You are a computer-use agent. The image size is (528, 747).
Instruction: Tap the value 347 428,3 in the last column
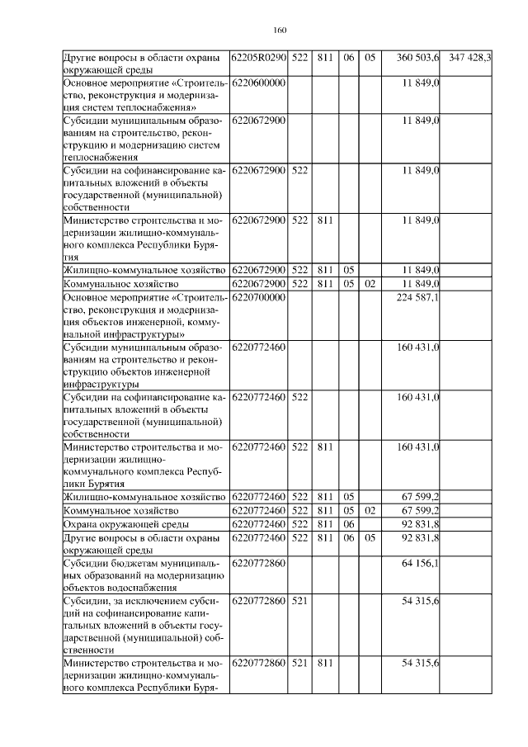pos(469,58)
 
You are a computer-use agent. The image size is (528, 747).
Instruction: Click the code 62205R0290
pos(259,58)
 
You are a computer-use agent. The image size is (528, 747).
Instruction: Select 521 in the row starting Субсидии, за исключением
pos(299,602)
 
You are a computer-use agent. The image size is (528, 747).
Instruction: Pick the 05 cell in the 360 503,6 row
pos(370,58)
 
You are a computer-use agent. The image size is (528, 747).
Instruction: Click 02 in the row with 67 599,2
pos(370,511)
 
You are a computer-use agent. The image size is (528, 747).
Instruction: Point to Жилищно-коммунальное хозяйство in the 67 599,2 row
pos(144,497)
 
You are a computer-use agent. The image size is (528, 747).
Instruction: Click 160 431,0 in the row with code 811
pos(418,447)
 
